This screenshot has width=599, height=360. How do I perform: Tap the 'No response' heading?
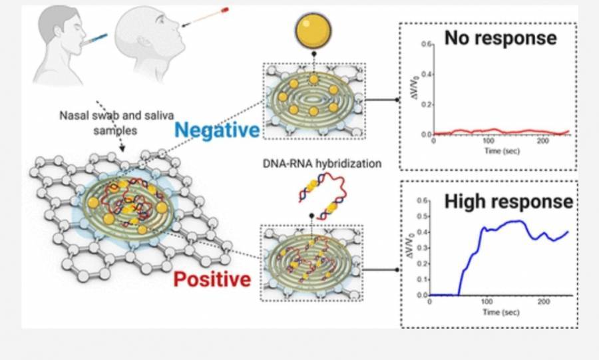(500, 38)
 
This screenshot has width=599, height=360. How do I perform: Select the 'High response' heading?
(508, 200)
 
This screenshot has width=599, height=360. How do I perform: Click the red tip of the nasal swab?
(225, 10)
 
